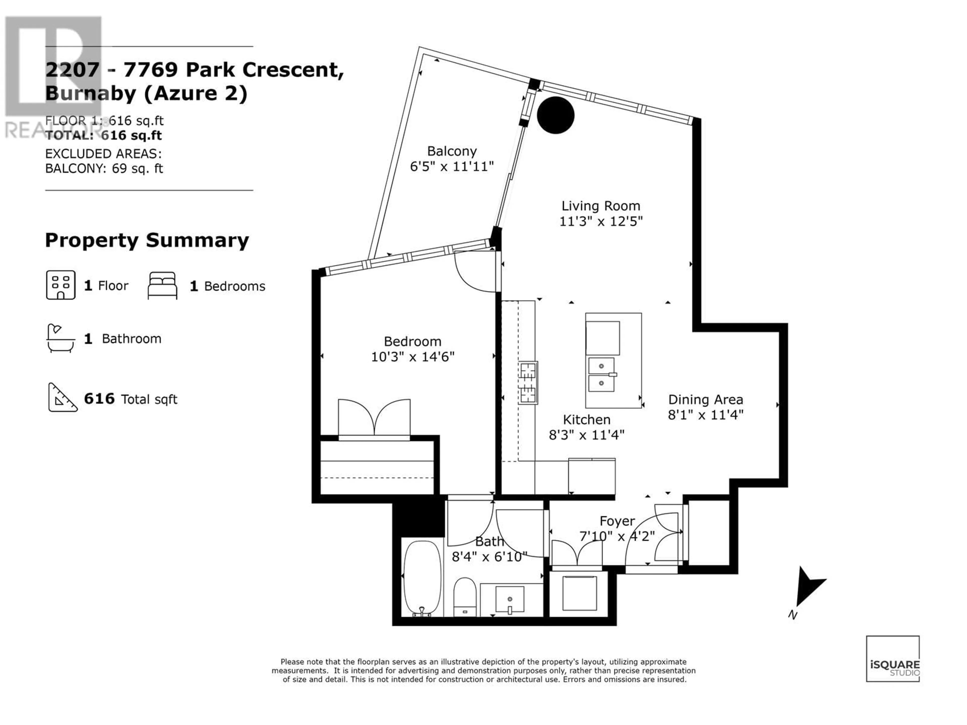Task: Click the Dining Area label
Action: coord(706,400)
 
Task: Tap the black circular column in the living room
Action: coord(555,115)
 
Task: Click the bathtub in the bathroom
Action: coord(422,578)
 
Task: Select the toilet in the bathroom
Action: coord(464,597)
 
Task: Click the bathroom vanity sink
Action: coord(510,600)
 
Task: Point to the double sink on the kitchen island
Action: coord(602,375)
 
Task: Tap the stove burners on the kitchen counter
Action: coord(528,383)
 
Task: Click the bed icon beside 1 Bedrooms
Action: coord(163,285)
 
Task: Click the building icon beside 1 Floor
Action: coord(61,285)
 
